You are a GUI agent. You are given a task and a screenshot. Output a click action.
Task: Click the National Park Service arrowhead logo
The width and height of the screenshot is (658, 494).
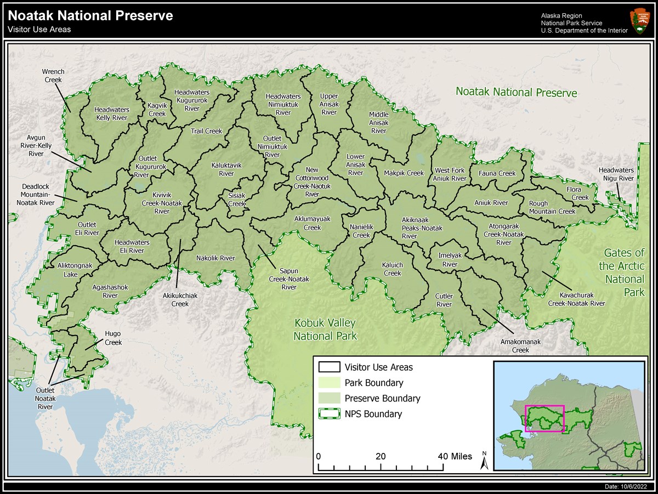coord(639,21)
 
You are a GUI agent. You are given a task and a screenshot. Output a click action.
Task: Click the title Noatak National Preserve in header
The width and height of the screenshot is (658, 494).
coord(90,15)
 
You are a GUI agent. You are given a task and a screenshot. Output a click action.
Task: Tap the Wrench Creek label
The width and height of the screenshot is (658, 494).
coord(53,76)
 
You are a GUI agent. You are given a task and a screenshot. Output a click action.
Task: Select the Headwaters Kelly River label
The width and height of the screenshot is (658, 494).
coord(111,113)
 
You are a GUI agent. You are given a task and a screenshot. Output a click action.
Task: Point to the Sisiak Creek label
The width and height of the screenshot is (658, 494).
coord(237,200)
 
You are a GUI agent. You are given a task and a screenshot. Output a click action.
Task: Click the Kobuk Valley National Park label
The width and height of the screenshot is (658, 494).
coord(325,329)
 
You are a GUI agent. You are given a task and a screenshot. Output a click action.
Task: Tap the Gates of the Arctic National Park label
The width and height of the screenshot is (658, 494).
coord(624,272)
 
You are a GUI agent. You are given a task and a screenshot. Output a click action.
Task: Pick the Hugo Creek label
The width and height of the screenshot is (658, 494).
coord(112,338)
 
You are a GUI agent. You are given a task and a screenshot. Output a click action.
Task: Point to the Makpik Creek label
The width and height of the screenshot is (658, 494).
coord(404,173)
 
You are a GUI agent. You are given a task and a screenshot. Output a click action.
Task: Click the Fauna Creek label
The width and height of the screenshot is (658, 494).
coord(497,173)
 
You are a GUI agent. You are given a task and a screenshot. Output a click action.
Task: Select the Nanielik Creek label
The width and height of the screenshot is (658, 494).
coord(361,231)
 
